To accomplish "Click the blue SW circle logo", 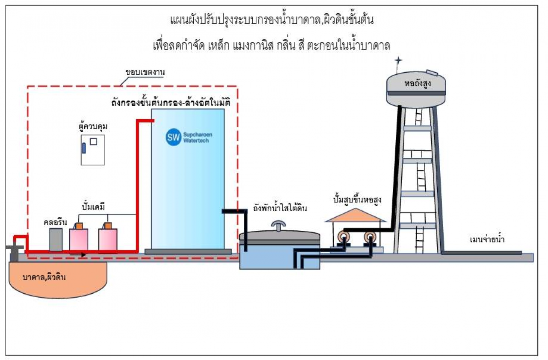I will [174, 138].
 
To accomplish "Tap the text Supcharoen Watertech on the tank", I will [197, 138].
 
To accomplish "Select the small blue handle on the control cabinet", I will [84, 148].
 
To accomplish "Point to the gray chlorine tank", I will [56, 240].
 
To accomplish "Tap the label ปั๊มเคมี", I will [93, 207].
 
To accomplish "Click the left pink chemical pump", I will [78, 239].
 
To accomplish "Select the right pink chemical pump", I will [107, 239].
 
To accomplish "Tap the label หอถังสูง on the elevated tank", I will [417, 84].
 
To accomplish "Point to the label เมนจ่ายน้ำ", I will [487, 240].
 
